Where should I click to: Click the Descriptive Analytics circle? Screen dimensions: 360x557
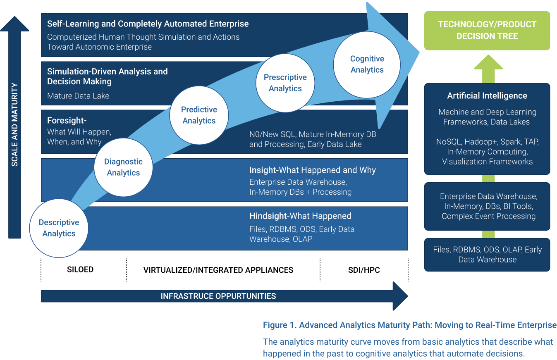[x=59, y=228]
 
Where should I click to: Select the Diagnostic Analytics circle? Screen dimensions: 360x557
[x=123, y=167]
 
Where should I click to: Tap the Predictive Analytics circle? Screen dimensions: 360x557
[x=199, y=115]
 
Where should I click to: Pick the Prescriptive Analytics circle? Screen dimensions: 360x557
[x=285, y=83]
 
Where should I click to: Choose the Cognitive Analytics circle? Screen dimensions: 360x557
[x=367, y=64]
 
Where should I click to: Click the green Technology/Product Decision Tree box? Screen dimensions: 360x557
[x=487, y=31]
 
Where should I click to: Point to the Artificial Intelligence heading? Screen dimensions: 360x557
[x=487, y=96]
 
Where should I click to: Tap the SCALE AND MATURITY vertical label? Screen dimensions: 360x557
[x=15, y=124]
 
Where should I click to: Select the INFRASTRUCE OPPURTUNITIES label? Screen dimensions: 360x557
[x=218, y=296]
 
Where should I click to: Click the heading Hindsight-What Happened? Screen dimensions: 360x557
[x=300, y=216]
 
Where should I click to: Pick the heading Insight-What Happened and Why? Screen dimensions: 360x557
[x=312, y=170]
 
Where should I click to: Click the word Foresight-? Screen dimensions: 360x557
[x=67, y=121]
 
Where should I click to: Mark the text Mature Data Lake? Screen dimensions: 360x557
[x=78, y=96]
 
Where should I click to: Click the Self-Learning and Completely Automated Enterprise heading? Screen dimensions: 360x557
[x=148, y=24]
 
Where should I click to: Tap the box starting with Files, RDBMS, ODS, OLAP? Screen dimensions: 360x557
[x=487, y=255]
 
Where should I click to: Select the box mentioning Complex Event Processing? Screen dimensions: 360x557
[x=487, y=206]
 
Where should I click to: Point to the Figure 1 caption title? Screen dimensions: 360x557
[x=409, y=325]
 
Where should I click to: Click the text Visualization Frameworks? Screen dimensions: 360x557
[x=487, y=162]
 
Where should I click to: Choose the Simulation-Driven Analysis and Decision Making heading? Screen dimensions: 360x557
[x=108, y=76]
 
